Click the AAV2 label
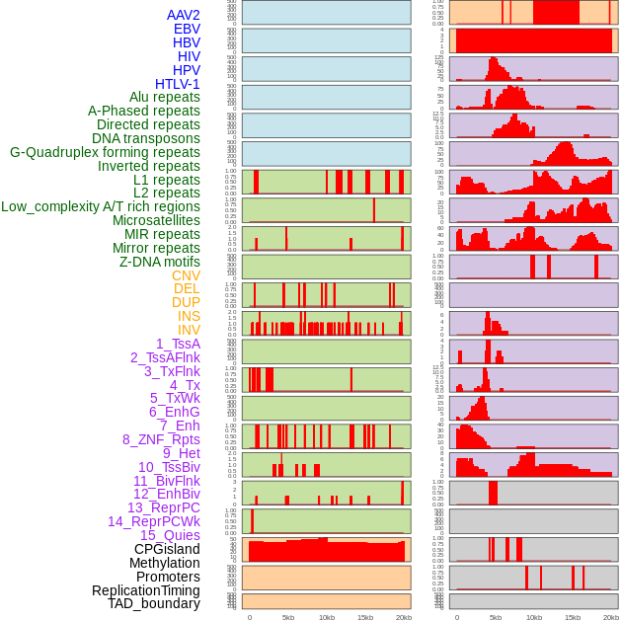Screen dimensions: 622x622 click(184, 15)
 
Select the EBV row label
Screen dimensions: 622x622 click(187, 29)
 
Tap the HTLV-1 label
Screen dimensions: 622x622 click(178, 84)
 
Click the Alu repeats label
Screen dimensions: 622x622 click(165, 98)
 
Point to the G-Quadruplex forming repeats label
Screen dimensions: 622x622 click(105, 152)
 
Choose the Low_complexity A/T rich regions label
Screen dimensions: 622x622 click(101, 206)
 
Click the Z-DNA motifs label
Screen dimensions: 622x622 click(160, 262)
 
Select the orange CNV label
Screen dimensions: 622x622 click(186, 275)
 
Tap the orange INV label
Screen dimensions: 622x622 click(189, 330)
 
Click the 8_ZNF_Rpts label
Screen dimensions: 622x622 click(161, 439)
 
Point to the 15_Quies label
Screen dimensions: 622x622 click(170, 535)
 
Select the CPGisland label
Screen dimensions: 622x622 click(167, 549)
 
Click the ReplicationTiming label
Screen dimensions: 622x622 click(146, 590)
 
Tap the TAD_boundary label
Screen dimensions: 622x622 click(154, 603)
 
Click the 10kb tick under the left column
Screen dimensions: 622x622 click(327, 617)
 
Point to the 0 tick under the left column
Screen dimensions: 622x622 click(249, 617)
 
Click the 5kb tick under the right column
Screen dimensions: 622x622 click(496, 617)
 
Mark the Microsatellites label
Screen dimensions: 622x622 click(156, 220)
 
